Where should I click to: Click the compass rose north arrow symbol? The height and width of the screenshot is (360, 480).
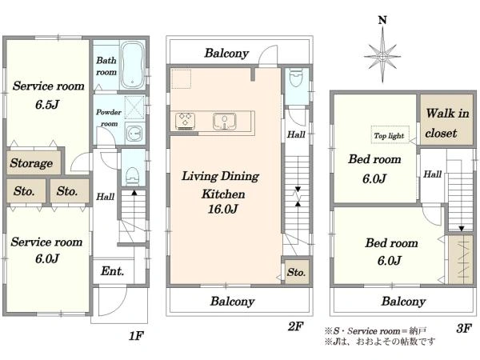pos(382,55)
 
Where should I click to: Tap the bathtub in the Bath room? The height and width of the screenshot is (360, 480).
pos(133,65)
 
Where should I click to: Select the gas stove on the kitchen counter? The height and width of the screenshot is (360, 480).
pos(186,120)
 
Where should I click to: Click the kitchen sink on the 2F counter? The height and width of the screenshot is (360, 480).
pos(225,121)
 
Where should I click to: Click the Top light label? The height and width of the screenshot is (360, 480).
pos(389,136)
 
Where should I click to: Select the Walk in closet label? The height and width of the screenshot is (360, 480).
pos(447,123)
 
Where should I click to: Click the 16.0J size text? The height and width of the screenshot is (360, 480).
pos(223,209)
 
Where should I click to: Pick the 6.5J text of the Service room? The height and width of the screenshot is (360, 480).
pos(47,105)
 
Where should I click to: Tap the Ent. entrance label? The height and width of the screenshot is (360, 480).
pos(112,271)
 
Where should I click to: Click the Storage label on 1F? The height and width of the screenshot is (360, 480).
pos(31,163)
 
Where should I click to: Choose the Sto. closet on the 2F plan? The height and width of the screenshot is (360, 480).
pos(296,272)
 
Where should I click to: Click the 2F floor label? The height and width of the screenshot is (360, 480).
pos(295,326)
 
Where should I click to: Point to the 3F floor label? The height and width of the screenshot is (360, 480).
pos(464,328)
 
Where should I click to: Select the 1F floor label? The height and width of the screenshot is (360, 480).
pos(136,336)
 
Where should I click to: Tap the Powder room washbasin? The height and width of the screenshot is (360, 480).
pos(134,134)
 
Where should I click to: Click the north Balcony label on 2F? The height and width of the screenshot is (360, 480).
pos(226,54)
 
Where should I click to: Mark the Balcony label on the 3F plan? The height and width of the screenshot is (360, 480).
pos(403,302)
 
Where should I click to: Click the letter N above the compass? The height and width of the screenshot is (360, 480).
pos(382,20)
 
